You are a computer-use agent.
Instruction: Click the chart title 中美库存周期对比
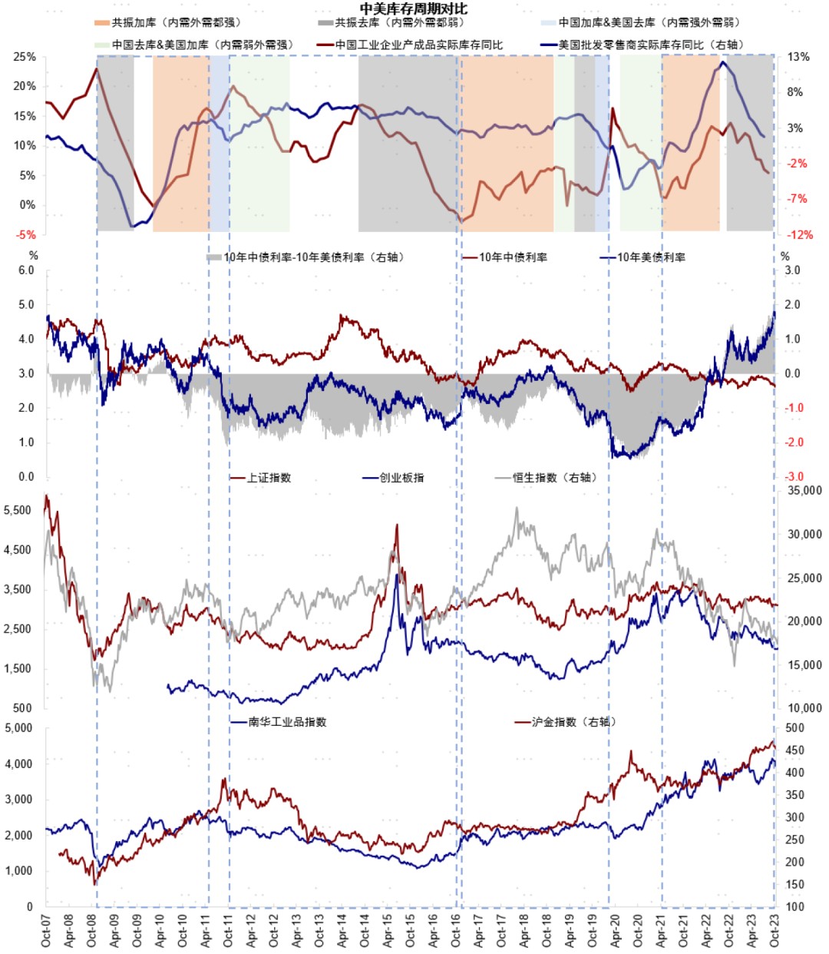(414, 8)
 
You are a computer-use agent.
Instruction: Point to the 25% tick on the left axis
(25, 57)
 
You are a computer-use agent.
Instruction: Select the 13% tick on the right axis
(798, 57)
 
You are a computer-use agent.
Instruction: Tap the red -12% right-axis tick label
(798, 235)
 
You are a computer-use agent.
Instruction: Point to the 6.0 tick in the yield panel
(26, 270)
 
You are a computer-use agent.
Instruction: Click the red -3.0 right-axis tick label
(793, 477)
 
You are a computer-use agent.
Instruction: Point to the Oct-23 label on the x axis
(775, 930)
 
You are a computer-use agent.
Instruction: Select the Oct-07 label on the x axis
(46, 930)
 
